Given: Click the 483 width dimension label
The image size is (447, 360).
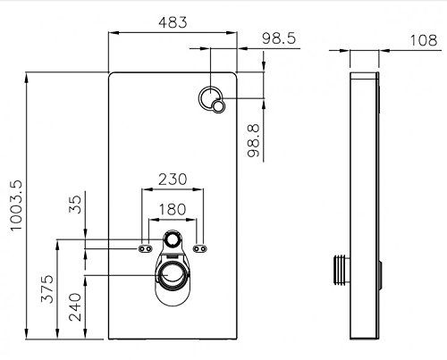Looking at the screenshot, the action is tap(173, 22).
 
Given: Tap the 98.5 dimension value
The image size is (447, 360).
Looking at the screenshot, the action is tap(279, 38).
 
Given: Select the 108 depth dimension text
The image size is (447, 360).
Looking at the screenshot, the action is tap(424, 40).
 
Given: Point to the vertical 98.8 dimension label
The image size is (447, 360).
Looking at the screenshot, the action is tap(254, 140).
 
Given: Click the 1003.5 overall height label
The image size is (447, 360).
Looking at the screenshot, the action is tap(16, 205).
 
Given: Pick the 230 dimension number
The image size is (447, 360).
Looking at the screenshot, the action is tap(173, 180).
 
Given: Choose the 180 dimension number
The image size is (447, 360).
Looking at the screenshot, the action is tap(173, 209).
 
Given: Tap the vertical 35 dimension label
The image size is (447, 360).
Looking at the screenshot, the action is tap(75, 205).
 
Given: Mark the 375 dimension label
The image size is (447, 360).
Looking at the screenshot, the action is tap(47, 289).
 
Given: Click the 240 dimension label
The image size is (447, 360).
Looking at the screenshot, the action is tap(75, 307).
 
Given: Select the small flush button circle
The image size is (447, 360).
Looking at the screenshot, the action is tap(219, 106).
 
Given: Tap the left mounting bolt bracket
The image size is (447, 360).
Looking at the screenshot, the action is tap(146, 248).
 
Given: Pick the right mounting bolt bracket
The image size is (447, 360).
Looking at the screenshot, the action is tap(199, 248).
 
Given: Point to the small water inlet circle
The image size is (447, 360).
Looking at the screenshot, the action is tap(173, 239).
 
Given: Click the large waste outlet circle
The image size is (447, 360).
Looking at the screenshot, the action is tap(173, 275).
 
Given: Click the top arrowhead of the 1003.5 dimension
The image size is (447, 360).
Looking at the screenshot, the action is tap(27, 77).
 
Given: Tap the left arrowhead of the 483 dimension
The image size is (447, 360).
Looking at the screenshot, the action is tap(114, 32).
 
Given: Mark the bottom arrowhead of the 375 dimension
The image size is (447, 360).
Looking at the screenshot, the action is tap(57, 334).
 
